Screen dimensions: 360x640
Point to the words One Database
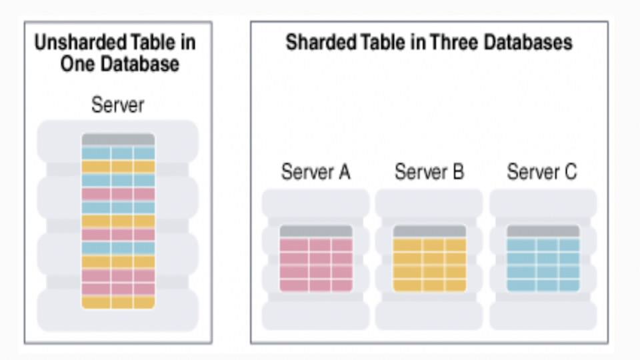tap(119, 64)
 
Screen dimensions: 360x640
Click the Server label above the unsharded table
tap(117, 105)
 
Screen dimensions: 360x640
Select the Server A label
tap(315, 172)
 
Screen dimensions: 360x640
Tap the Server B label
tap(429, 172)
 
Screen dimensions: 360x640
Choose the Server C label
tap(542, 172)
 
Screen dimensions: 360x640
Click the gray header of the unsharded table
tap(118, 139)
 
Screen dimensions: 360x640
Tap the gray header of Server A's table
tap(316, 231)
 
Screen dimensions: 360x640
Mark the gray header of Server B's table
tap(429, 231)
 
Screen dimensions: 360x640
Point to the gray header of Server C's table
tap(543, 231)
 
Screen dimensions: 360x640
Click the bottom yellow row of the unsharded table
tap(118, 302)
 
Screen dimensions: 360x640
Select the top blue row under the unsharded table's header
tap(118, 153)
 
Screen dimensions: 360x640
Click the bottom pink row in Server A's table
tap(316, 285)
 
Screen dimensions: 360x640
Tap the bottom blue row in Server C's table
tap(543, 285)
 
